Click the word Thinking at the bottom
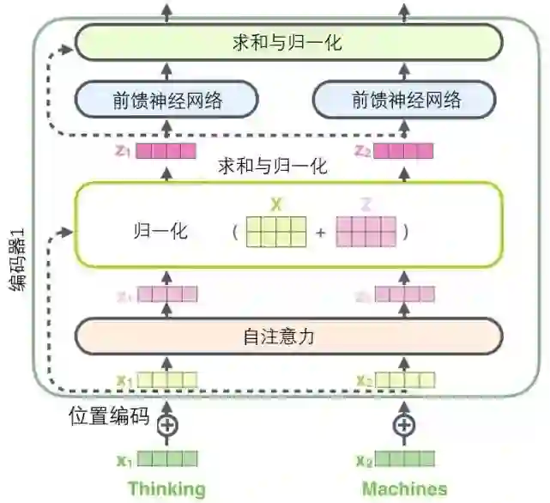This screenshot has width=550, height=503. pyautogui.click(x=167, y=488)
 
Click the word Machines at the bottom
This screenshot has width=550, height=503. pyautogui.click(x=404, y=488)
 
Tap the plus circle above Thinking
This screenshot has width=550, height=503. pyautogui.click(x=168, y=424)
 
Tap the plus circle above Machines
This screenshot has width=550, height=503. pyautogui.click(x=403, y=424)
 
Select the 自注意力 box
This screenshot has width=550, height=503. pyautogui.click(x=287, y=336)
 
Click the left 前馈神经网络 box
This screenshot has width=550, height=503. pyautogui.click(x=167, y=100)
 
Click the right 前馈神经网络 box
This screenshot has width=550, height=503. pyautogui.click(x=406, y=100)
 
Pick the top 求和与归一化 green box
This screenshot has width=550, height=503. pyautogui.click(x=287, y=42)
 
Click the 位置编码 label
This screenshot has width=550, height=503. pyautogui.click(x=110, y=418)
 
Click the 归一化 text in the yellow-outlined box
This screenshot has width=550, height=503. pyautogui.click(x=160, y=232)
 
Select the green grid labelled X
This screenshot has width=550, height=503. pyautogui.click(x=276, y=232)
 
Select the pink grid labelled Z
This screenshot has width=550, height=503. pyautogui.click(x=366, y=232)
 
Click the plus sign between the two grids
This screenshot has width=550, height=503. pyautogui.click(x=321, y=233)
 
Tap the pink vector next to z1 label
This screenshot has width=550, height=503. pyautogui.click(x=167, y=152)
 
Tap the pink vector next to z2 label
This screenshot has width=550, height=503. pyautogui.click(x=403, y=152)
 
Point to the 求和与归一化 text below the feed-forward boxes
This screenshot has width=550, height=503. pyautogui.click(x=272, y=166)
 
